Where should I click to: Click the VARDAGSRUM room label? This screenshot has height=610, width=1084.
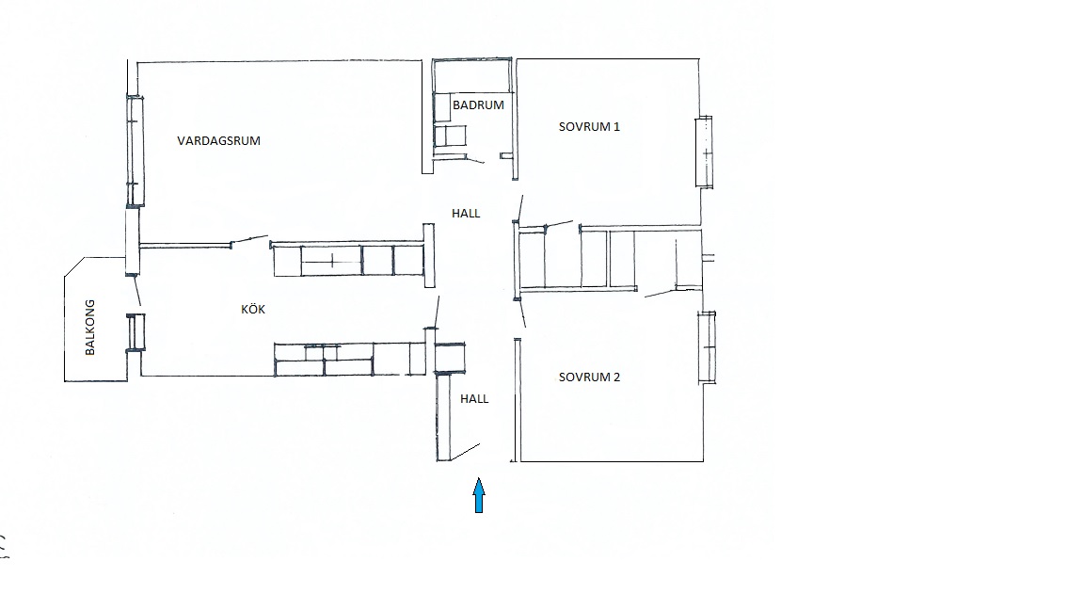(x=218, y=140)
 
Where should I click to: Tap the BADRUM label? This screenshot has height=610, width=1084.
(x=478, y=105)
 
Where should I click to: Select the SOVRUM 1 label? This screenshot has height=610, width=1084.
(x=589, y=126)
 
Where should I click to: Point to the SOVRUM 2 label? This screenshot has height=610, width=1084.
(x=589, y=377)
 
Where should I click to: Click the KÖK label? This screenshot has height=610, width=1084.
(x=253, y=309)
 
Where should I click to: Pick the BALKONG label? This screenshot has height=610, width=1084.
(x=90, y=328)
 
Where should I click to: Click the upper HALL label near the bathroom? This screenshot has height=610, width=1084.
(x=466, y=213)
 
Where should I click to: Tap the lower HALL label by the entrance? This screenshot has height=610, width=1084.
(x=474, y=398)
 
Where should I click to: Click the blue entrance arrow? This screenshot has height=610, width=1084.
(x=478, y=495)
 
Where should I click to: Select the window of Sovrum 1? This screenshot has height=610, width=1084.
(x=704, y=152)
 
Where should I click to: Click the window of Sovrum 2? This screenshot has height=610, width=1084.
(x=707, y=347)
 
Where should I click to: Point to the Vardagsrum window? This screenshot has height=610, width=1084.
(x=135, y=151)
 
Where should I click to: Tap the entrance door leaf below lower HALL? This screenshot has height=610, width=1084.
(x=465, y=452)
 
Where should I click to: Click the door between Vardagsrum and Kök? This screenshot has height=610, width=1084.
(x=248, y=240)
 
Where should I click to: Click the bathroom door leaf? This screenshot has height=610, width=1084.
(x=475, y=160)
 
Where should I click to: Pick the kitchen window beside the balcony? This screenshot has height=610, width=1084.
(x=135, y=332)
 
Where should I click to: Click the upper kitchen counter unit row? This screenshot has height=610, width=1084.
(x=348, y=260)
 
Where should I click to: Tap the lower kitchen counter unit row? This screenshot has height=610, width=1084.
(x=350, y=359)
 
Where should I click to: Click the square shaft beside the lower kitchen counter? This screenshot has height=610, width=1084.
(x=450, y=358)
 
